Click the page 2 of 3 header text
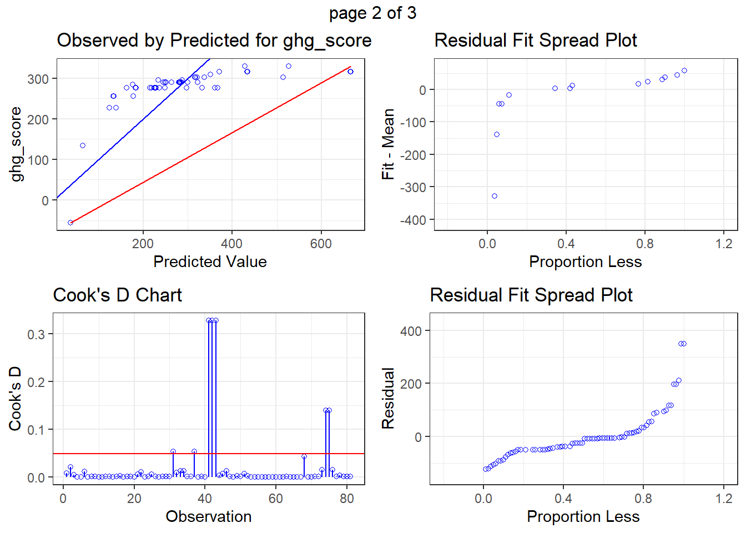372,13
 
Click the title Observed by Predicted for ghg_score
214,41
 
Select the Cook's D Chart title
117,295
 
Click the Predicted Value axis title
210,262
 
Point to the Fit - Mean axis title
388,144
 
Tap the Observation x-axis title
209,517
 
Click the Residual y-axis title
388,399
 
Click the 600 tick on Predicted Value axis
321,244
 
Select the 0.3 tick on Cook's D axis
36,334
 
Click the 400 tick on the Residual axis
411,331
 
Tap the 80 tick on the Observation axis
347,499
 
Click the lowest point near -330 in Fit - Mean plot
495,196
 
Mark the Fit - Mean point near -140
497,134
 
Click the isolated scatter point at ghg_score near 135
83,145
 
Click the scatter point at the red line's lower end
70,223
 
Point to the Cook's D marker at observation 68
304,456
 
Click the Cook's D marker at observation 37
194,451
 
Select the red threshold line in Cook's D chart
209,454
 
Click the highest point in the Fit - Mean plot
684,71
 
